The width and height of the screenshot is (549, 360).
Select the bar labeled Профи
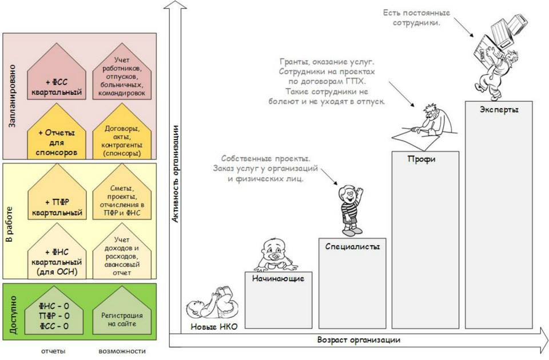425,240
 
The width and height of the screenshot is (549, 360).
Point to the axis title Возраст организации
359,340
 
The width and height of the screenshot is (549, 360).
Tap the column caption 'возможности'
118,351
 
